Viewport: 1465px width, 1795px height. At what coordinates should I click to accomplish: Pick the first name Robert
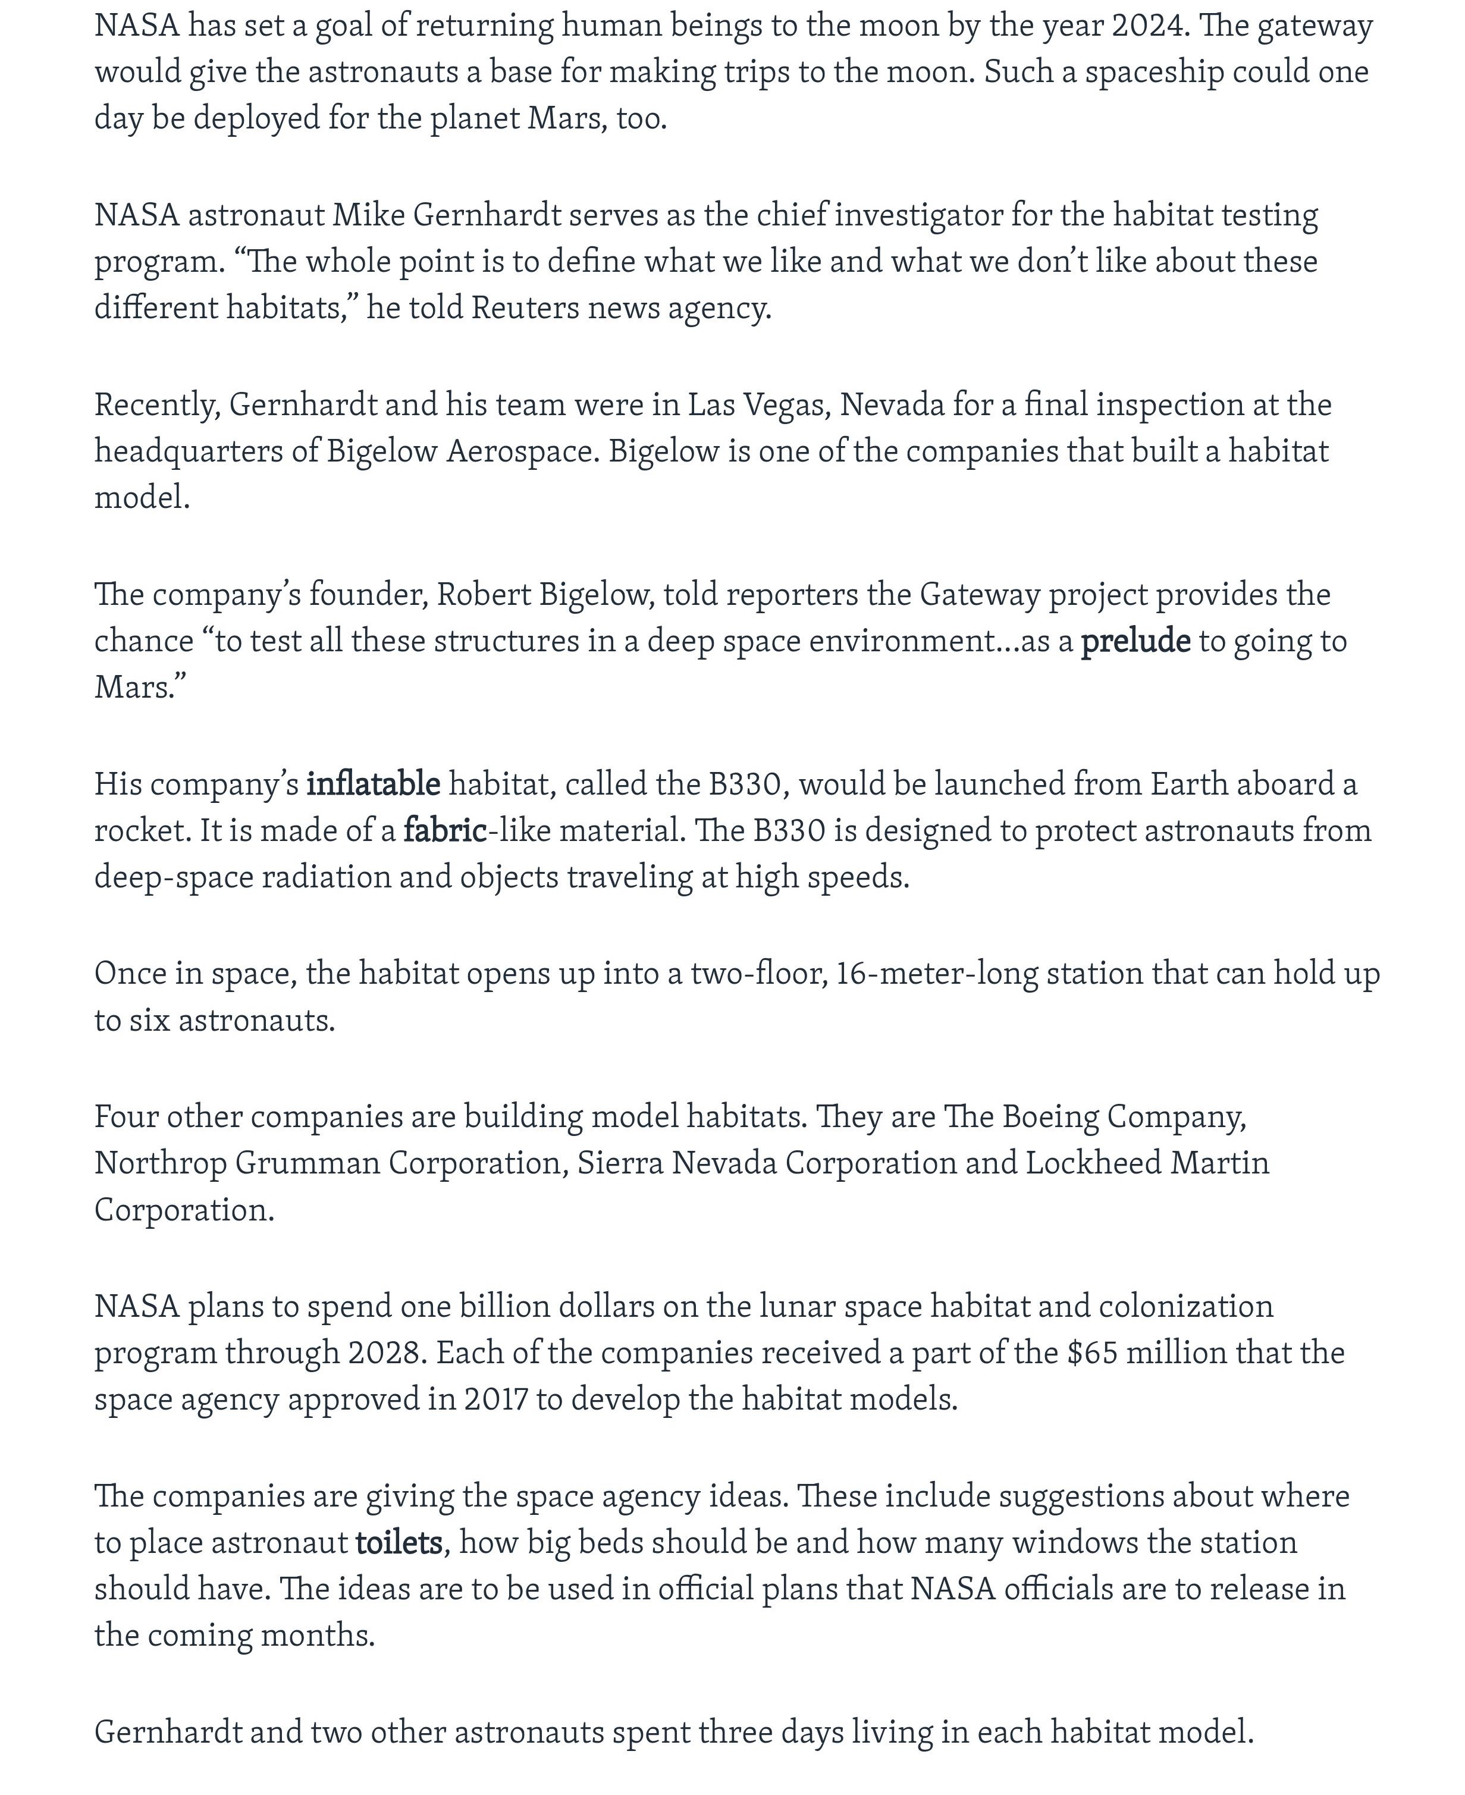tap(483, 595)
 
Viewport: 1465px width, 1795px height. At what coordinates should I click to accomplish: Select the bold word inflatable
tap(373, 785)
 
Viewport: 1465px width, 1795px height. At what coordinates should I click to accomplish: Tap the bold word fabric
tap(445, 831)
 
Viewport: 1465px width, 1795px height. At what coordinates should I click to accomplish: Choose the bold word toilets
tap(399, 1543)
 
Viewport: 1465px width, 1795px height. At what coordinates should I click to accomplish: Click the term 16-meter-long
tap(936, 974)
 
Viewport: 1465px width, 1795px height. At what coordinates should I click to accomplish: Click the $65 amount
tap(1092, 1354)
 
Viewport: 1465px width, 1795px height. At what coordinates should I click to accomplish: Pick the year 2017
tap(495, 1400)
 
